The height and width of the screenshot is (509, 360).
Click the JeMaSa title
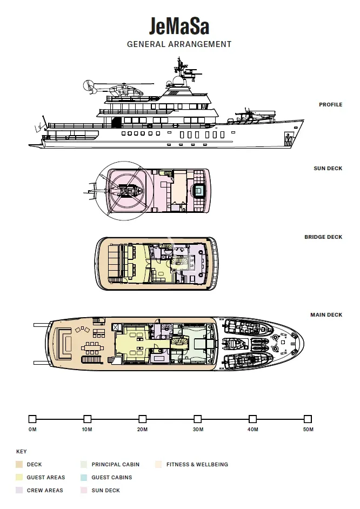(x=179, y=26)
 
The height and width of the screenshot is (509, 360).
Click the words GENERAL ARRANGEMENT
(x=179, y=44)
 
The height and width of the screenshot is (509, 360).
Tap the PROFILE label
(x=330, y=104)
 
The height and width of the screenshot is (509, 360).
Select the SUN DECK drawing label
(x=328, y=168)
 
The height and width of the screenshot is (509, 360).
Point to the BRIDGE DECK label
(x=323, y=237)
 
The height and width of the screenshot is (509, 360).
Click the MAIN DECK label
(x=326, y=314)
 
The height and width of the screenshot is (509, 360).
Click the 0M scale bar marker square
(x=32, y=419)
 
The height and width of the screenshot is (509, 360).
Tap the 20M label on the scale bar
(x=142, y=430)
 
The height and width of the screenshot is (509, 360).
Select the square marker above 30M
(x=197, y=419)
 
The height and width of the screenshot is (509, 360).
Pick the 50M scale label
(x=308, y=430)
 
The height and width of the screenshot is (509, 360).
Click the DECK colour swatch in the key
(x=19, y=465)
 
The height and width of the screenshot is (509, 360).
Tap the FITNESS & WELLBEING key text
(x=197, y=465)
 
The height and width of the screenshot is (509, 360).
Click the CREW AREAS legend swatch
(x=19, y=490)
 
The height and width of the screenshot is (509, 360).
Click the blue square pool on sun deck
(x=199, y=190)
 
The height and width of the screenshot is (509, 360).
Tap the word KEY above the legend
(x=22, y=452)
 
